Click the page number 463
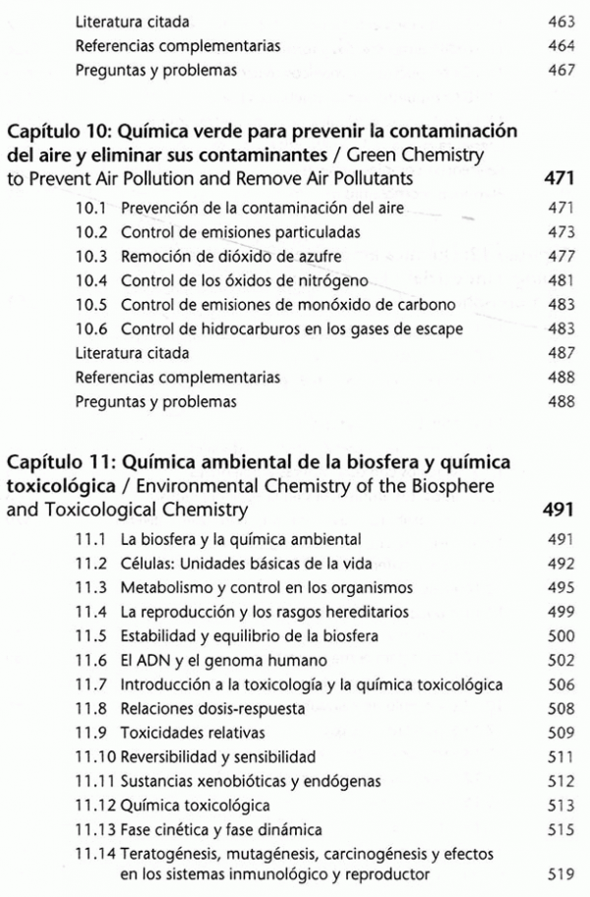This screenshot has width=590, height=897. tap(560, 20)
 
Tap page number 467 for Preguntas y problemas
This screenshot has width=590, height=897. tap(560, 71)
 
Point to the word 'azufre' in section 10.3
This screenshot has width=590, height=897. tap(294, 257)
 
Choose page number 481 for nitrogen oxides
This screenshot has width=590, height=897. tap(560, 281)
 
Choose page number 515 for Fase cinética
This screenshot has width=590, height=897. tap(560, 830)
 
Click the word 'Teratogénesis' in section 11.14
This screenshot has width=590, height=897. tap(170, 855)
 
